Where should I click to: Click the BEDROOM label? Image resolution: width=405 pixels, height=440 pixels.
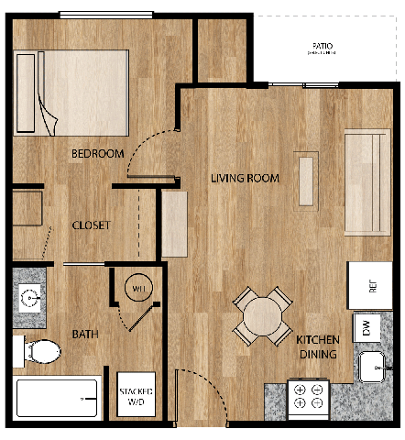[97, 153]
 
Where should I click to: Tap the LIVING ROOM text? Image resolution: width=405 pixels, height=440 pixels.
[244, 178]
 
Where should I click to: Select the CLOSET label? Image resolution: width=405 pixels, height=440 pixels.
[91, 225]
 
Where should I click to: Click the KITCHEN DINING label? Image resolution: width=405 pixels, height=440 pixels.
[316, 346]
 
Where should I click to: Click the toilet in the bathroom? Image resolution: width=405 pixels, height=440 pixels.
[37, 350]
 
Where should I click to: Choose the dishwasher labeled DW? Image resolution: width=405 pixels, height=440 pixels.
[366, 327]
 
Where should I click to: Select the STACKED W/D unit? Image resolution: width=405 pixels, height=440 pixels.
[136, 396]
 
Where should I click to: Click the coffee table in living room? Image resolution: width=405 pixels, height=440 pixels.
[305, 176]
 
